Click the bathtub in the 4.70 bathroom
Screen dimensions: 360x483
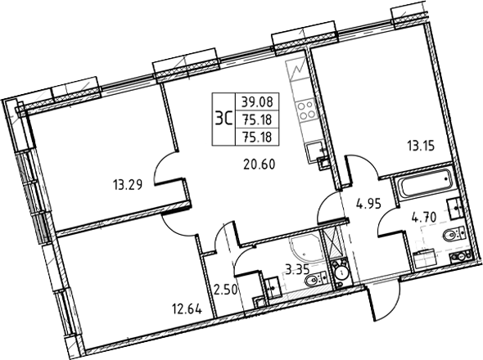coord(424,186)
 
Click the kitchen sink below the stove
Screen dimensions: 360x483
coord(312,150)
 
